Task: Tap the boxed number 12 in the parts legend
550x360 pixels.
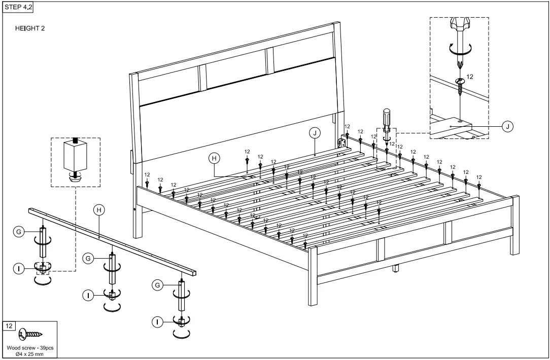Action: point(10,326)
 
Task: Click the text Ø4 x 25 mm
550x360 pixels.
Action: point(30,353)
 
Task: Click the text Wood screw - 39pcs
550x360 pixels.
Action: point(30,348)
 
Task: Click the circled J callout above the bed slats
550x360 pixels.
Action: point(315,133)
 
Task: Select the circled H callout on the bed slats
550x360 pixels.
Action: point(215,158)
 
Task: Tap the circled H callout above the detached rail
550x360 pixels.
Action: point(99,209)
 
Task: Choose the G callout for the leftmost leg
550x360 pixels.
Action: point(18,232)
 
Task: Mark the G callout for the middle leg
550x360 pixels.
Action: point(88,259)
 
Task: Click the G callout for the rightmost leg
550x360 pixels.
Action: point(158,286)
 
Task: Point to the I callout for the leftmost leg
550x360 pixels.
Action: point(18,268)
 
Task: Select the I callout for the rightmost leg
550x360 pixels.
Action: point(158,321)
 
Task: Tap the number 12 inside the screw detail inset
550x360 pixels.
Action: point(470,77)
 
